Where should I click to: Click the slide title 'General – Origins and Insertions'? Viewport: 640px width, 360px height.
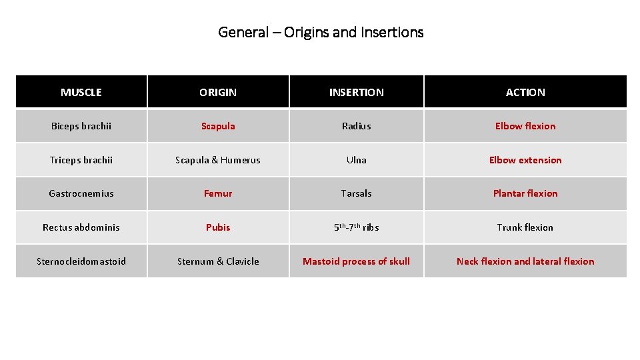click(321, 32)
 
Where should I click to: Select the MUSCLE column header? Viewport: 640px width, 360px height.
click(81, 93)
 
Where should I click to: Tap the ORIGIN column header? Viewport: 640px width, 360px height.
click(218, 93)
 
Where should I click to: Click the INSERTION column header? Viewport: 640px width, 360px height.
click(357, 93)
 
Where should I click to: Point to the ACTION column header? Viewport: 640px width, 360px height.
click(525, 93)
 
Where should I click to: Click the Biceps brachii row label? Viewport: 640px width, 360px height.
click(81, 126)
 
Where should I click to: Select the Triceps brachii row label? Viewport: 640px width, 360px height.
click(81, 160)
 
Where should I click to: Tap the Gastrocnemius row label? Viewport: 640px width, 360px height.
click(81, 193)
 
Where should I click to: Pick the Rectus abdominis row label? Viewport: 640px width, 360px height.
click(81, 227)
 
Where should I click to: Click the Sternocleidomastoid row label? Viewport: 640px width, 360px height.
click(81, 261)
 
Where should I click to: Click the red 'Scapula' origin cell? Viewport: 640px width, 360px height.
click(218, 126)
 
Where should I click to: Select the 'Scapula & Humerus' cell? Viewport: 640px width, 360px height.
click(218, 160)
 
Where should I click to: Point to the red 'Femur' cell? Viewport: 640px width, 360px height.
click(218, 193)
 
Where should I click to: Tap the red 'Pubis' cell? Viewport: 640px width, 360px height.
click(218, 227)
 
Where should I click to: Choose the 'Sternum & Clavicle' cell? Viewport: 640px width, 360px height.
click(218, 261)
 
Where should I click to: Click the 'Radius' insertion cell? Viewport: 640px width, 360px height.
click(357, 126)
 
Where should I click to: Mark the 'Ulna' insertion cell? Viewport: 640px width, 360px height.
click(357, 160)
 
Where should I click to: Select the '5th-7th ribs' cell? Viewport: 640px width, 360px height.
click(357, 227)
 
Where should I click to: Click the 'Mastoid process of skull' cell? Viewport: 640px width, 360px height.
click(357, 261)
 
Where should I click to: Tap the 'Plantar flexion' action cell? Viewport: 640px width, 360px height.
click(525, 193)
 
